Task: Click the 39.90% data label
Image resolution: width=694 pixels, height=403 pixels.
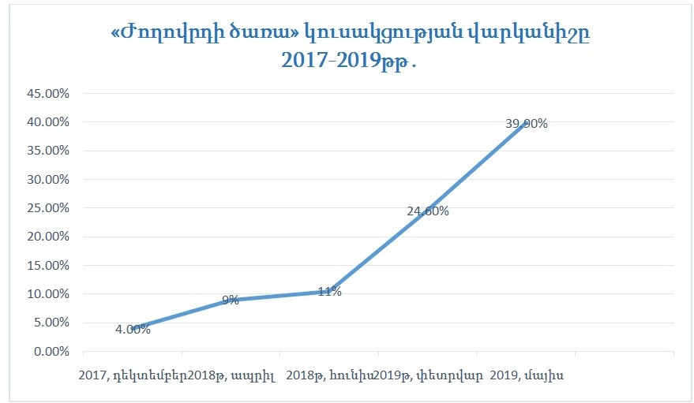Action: [x=527, y=124]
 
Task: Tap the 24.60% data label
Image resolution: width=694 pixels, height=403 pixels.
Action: [x=428, y=211]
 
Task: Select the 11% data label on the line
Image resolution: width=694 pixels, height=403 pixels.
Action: [x=329, y=292]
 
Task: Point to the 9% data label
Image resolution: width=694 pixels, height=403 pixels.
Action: [x=230, y=300]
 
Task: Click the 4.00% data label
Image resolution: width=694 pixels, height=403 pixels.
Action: [x=133, y=330]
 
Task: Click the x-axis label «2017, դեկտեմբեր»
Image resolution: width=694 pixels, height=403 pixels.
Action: [x=133, y=374]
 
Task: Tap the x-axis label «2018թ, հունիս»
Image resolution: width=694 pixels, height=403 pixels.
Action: [x=331, y=374]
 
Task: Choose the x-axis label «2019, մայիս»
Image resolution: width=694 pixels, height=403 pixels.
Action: [x=527, y=374]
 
